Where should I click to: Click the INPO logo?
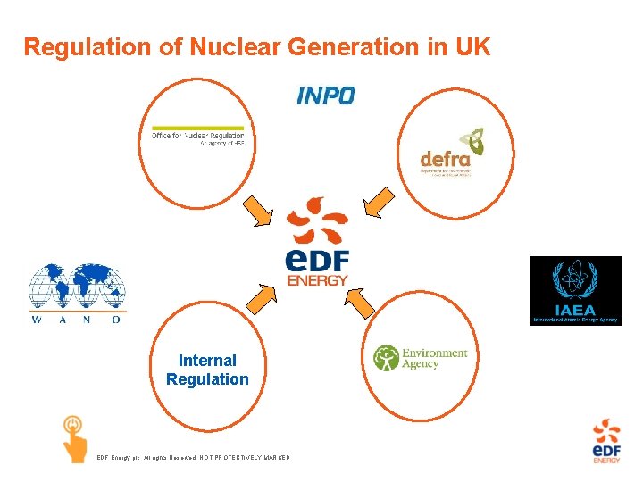[326, 95]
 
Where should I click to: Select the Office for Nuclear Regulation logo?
[196, 137]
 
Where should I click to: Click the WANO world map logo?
[77, 293]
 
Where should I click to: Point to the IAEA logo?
[575, 290]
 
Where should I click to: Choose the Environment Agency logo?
[420, 357]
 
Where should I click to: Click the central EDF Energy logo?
[317, 242]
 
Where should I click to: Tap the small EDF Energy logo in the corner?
[607, 442]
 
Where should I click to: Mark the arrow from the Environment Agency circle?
[358, 302]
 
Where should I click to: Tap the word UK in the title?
[472, 47]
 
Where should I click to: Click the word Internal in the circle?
[207, 361]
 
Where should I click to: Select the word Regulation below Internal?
[207, 379]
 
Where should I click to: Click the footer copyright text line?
[193, 458]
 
